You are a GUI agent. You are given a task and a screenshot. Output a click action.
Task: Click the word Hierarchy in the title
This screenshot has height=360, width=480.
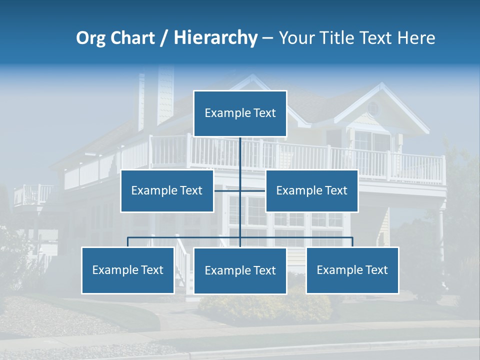pyautogui.click(x=215, y=38)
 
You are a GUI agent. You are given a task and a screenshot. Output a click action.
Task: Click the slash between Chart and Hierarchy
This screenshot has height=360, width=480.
pyautogui.click(x=163, y=38)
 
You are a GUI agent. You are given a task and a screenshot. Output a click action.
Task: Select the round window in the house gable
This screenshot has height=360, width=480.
pyautogui.click(x=373, y=108)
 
